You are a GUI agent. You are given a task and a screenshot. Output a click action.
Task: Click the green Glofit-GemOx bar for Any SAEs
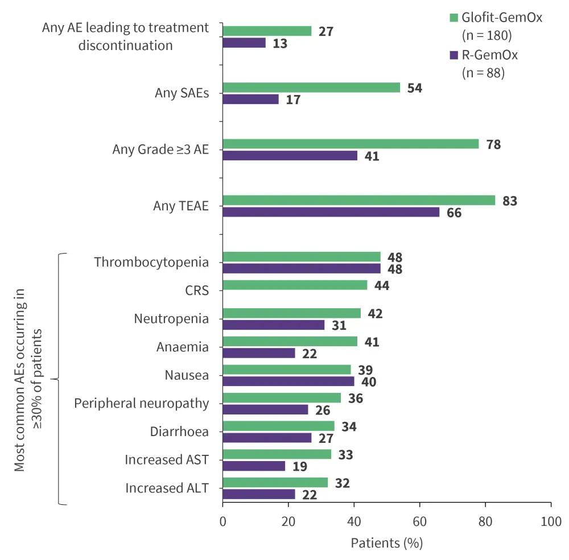tap(311, 88)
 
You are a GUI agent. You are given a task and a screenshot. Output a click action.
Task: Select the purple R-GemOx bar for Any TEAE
tap(331, 212)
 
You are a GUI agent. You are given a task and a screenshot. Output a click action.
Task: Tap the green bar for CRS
tap(295, 285)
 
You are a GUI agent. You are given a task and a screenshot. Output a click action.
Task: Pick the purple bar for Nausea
tap(288, 381)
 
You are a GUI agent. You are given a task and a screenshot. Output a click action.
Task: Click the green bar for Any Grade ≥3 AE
tap(351, 144)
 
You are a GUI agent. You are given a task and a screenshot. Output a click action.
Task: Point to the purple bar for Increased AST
tap(254, 466)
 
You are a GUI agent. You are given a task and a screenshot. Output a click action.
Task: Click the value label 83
tap(510, 201)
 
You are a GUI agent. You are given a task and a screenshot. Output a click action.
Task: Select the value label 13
tap(280, 43)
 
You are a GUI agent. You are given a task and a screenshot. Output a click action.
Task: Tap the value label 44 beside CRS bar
tap(381, 285)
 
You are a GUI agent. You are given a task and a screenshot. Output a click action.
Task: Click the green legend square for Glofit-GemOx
tap(453, 18)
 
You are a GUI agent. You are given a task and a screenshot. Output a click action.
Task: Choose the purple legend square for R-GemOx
tap(453, 55)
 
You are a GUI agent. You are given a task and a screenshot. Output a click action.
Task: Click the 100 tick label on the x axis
tap(551, 521)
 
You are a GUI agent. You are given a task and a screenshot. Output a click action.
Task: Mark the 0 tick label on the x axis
tap(222, 521)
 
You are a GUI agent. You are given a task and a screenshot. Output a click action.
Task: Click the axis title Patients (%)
tap(386, 542)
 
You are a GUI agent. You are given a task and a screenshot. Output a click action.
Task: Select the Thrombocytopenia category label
tap(151, 262)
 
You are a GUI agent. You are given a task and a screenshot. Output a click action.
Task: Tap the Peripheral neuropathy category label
tap(142, 403)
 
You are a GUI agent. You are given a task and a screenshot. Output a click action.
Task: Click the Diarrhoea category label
tap(179, 432)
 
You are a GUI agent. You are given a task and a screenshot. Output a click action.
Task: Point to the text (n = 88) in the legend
tap(483, 73)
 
